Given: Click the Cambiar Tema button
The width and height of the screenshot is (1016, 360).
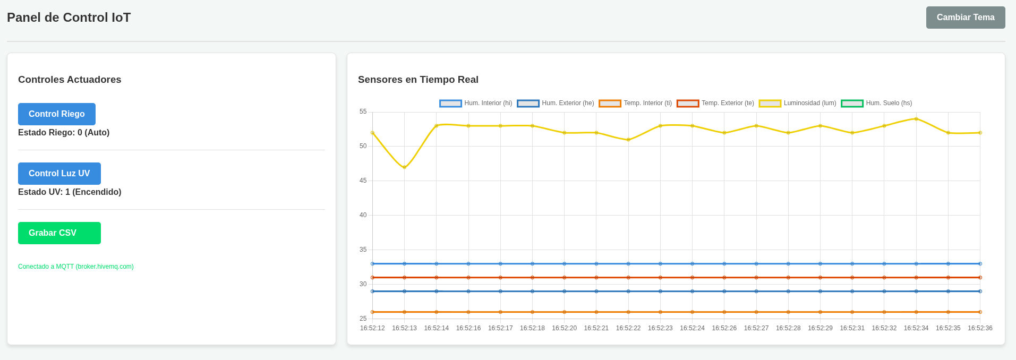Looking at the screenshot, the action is coord(966,18).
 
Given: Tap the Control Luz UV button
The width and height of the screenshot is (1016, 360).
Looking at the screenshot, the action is coord(59,174).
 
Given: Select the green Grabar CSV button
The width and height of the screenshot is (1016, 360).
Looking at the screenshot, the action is coord(59,233).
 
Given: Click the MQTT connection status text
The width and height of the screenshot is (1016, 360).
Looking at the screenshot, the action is coord(76,267).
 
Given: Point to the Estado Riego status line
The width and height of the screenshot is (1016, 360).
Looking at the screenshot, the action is coord(64,133).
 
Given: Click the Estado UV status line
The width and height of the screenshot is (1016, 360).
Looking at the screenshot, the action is coord(70,192).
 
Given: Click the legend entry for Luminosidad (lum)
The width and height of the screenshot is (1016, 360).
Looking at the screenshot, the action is coord(798,103).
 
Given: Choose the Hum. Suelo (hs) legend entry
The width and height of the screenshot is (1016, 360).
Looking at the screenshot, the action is coord(877,103).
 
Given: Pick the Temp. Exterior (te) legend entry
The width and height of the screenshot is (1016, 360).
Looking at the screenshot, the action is coord(715,103).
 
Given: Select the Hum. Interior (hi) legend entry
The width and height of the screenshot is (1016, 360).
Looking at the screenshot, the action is coord(476,103).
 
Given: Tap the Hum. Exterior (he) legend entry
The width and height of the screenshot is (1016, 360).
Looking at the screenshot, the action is coord(556,103).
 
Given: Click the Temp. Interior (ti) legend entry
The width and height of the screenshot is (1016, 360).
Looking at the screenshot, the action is coord(635,103).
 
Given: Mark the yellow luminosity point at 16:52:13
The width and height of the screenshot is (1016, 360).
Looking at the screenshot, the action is coord(404,167).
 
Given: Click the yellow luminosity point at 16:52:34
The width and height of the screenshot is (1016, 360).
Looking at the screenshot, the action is coord(916,119).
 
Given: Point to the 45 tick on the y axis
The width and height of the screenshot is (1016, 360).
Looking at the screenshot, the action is coord(363,181).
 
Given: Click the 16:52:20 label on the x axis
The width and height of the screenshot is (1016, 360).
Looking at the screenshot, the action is coord(564,328).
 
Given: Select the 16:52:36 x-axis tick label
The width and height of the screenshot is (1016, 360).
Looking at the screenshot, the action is coord(980,328).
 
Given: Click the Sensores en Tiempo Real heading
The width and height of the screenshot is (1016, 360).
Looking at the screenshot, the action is coord(418,80).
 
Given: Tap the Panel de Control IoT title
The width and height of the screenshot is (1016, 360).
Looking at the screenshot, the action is coord(69,18).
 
